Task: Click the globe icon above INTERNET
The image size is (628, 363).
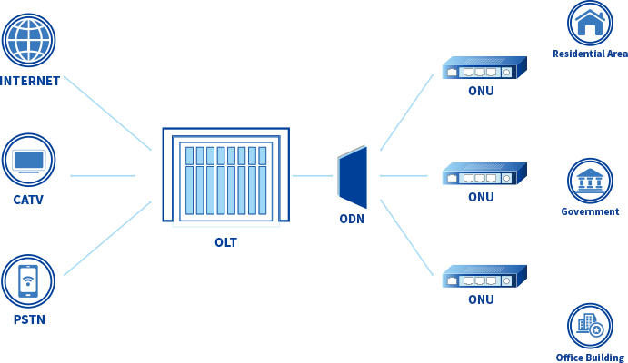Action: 29,39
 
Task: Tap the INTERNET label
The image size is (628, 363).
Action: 30,81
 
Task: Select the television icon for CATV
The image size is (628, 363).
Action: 29,160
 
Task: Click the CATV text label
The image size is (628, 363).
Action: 28,199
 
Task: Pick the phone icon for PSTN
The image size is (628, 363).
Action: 29,281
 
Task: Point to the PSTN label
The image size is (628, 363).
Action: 29,320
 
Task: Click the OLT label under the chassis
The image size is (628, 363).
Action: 224,242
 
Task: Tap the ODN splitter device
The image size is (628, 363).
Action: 351,176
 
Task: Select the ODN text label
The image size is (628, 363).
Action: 352,219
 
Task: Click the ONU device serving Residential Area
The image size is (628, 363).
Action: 483,68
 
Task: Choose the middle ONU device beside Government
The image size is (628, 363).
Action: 483,172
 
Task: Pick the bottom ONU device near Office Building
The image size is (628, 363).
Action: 483,275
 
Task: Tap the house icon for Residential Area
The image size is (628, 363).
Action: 590,23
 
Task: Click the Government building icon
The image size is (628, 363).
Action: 590,181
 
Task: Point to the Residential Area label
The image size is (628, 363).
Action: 590,54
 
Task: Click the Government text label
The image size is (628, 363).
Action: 590,211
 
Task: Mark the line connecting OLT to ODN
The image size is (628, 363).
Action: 313,176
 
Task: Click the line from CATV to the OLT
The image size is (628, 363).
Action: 102,176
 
